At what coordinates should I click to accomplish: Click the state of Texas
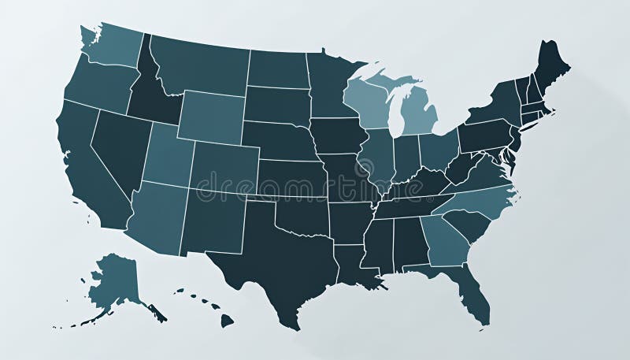click(276, 252)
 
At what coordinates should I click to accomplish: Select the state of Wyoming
click(210, 117)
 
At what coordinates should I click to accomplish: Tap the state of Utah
click(168, 154)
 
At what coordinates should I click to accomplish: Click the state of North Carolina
click(480, 201)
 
